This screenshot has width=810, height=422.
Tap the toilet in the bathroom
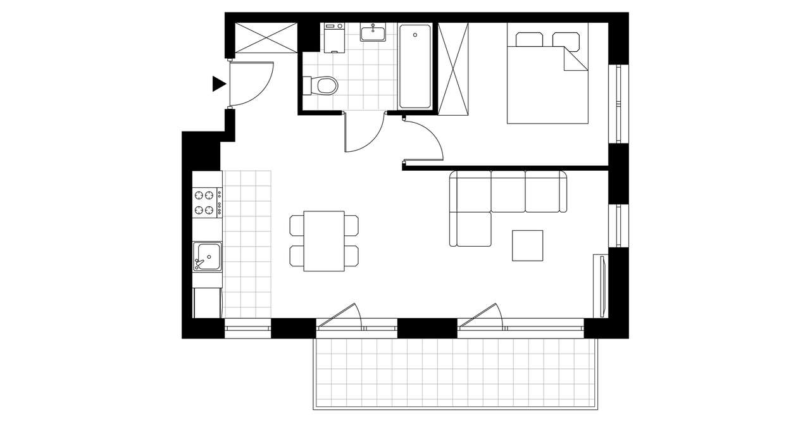click(323, 85)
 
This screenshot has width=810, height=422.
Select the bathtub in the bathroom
click(415, 66)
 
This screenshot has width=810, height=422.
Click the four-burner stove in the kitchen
click(207, 202)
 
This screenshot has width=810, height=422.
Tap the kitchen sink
click(207, 256)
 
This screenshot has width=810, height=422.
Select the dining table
click(324, 241)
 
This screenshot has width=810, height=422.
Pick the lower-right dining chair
click(352, 256)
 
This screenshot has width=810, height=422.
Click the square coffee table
click(528, 245)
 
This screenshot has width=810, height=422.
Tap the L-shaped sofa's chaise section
click(471, 228)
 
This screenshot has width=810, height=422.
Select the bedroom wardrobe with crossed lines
click(454, 69)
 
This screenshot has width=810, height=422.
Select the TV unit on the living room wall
click(599, 285)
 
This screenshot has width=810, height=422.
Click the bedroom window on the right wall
click(618, 104)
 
